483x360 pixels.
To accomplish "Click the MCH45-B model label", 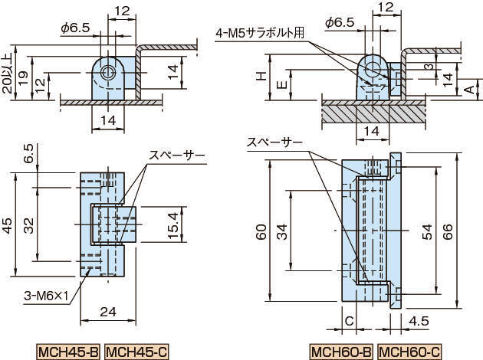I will coord(68,352).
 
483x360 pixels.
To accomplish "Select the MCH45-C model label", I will coord(136,352).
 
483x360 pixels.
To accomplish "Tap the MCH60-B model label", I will coord(341,352).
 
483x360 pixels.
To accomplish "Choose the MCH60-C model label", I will coord(409,352).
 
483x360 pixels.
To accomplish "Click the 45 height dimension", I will coord(8,224).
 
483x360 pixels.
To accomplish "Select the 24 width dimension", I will coord(107,312).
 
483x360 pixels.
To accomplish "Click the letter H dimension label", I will coord(261,77).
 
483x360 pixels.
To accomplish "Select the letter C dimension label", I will coord(349,321).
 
